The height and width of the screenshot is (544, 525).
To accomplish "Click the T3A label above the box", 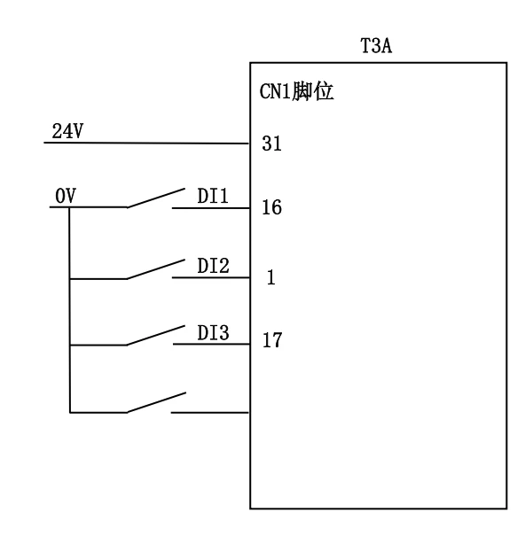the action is (376, 46).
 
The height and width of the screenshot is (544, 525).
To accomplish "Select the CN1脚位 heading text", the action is (296, 91).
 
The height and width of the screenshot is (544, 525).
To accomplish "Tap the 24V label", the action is (67, 131).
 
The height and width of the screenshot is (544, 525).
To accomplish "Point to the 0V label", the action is (66, 196).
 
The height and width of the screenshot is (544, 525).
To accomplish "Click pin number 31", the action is (271, 144).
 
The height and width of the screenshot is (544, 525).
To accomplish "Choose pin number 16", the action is (271, 207).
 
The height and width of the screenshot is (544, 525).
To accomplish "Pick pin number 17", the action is (272, 340).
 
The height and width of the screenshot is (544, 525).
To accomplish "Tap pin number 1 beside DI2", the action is (271, 277).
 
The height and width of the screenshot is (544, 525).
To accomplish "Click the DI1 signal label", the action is (213, 196).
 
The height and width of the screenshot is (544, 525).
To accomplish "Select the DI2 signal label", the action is (213, 266).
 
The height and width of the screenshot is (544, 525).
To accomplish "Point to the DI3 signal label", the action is (213, 333).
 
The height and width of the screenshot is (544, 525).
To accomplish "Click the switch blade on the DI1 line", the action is (156, 198).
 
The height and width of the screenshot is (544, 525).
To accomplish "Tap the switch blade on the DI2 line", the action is (155, 269).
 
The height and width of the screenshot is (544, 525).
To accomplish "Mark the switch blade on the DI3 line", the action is (155, 336).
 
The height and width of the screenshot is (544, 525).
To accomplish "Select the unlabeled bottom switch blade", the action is (156, 403).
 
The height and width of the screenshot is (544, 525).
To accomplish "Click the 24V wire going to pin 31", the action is (146, 143).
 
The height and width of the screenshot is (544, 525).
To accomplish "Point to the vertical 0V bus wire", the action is (69, 310).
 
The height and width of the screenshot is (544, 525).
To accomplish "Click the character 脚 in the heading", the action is (302, 91).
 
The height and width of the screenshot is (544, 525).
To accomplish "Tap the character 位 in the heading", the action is (324, 91).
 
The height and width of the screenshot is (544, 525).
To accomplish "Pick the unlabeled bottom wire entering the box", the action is (210, 413).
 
